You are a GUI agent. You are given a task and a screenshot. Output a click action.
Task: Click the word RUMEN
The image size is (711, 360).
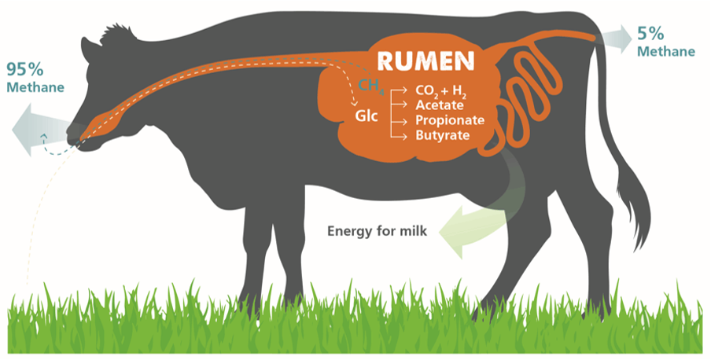pyautogui.click(x=425, y=61)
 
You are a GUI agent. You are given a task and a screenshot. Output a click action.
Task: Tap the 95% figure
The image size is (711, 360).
pyautogui.click(x=25, y=69)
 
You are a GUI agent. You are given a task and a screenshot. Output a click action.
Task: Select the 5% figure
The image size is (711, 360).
pyautogui.click(x=650, y=34)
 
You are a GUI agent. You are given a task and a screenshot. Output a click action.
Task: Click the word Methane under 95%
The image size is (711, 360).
pyautogui.click(x=35, y=87)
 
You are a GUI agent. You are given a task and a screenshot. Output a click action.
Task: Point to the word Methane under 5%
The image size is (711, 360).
pyautogui.click(x=666, y=51)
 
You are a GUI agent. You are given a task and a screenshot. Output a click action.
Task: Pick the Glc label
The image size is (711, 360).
pyautogui.click(x=367, y=116)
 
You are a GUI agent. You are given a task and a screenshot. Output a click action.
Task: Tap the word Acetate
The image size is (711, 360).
pyautogui.click(x=440, y=105)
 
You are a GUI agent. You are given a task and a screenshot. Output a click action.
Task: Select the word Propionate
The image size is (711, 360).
pyautogui.click(x=450, y=120)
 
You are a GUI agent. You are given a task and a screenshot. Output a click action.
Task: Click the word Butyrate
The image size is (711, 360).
pyautogui.click(x=443, y=135)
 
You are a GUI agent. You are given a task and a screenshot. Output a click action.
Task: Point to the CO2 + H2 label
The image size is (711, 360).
pyautogui.click(x=440, y=90)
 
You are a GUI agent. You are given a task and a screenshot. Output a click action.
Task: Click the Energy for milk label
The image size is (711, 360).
pyautogui.click(x=377, y=231)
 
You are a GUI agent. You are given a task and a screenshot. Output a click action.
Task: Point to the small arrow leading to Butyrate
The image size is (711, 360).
pyautogui.click(x=399, y=135)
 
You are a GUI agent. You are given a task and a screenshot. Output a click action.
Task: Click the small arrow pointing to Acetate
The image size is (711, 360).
pyautogui.click(x=399, y=105)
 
